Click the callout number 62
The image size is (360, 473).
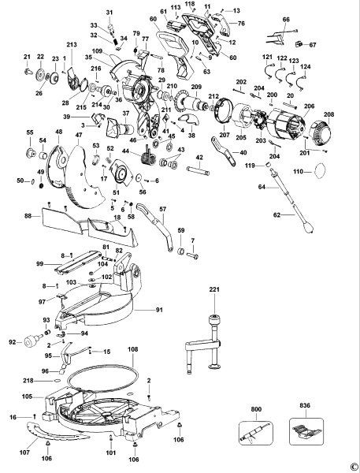click(276, 214)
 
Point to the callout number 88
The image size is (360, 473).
click(27, 215)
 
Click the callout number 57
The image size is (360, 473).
click(164, 209)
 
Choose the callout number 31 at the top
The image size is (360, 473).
click(109, 13)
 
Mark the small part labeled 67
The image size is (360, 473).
click(300, 44)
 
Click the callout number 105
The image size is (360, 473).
click(27, 397)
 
